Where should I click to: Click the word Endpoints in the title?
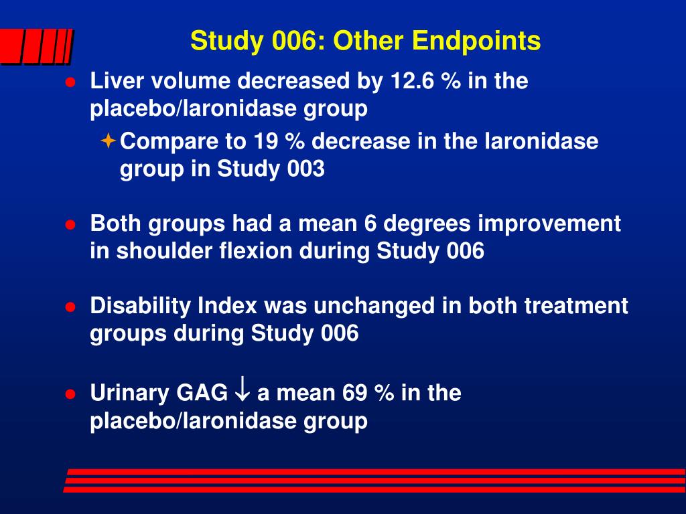coord(476,41)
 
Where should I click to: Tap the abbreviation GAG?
coord(202,393)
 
